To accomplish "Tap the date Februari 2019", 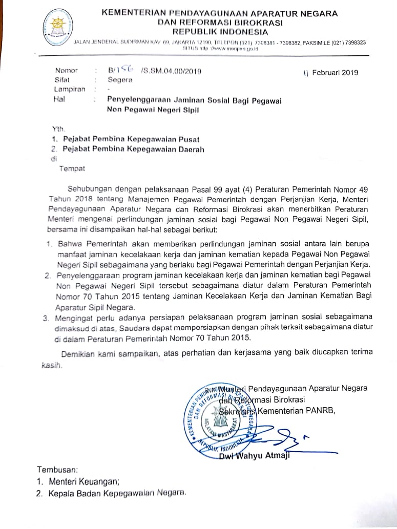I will (336, 73).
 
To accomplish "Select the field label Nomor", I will (67, 71).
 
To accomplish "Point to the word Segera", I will (120, 80).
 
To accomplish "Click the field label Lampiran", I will (70, 90).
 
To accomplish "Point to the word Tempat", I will (72, 168).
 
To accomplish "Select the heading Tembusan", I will (57, 469).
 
